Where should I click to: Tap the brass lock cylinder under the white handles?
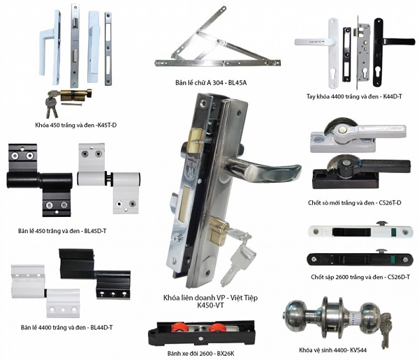71,96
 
